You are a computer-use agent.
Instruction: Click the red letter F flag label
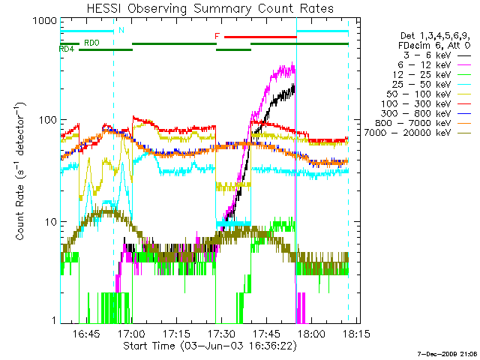217,35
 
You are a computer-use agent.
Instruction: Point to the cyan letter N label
121,31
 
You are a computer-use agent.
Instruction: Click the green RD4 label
67,49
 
